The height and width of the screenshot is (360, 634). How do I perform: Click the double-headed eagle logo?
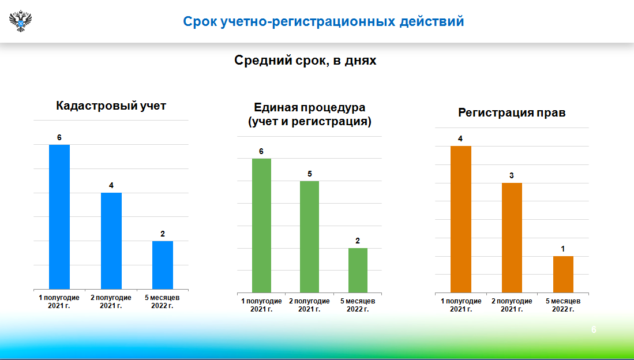tap(20, 21)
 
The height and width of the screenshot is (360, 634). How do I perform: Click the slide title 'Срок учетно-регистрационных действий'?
tap(324, 21)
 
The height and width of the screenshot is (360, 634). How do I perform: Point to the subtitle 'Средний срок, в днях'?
tap(305, 60)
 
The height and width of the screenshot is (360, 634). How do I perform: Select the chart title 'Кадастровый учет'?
tap(111, 106)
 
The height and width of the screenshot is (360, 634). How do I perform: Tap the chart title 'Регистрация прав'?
tap(512, 112)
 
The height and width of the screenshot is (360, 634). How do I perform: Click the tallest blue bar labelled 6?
tap(59, 217)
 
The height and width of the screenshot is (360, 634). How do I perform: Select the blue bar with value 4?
tap(111, 241)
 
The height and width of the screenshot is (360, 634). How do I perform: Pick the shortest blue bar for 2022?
tap(163, 265)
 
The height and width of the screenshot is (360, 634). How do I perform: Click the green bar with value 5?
tap(309, 237)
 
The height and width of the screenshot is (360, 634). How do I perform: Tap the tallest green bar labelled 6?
tap(261, 226)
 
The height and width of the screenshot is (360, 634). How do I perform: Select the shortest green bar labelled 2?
tap(358, 271)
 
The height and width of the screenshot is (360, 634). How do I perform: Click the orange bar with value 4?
tap(461, 219)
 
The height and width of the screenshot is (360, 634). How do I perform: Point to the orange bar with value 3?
tap(512, 238)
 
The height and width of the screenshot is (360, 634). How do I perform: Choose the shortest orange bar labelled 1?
tap(563, 274)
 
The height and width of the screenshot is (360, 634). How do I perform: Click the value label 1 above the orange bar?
tap(563, 249)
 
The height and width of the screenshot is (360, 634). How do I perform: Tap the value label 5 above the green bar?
tap(310, 174)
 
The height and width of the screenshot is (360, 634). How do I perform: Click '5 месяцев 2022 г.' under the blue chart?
tap(162, 302)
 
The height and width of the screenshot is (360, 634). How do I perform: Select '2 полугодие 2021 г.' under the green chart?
tap(309, 305)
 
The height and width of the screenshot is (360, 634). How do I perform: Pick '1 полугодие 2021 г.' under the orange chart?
tap(461, 305)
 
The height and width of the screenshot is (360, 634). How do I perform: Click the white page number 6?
tap(594, 329)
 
